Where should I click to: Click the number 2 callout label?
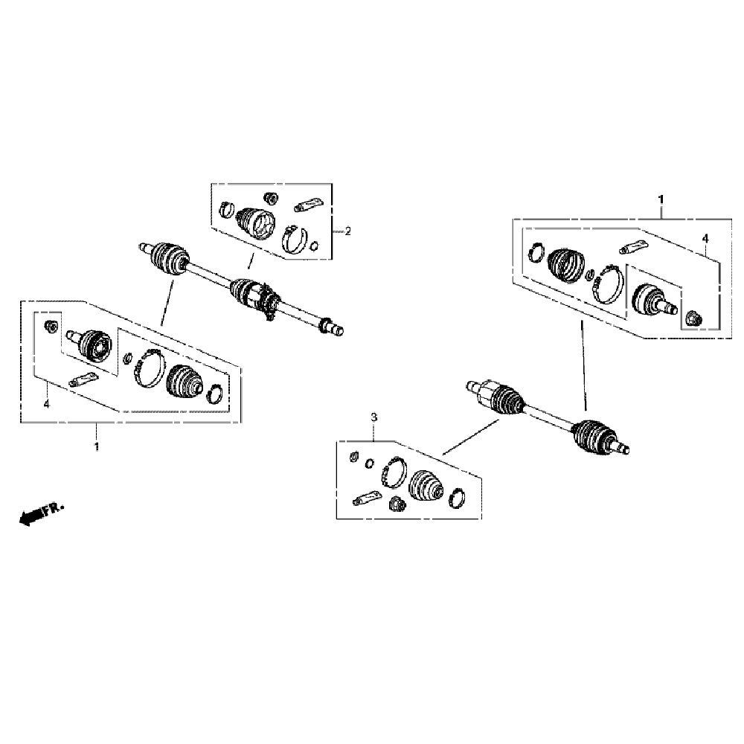point(347,231)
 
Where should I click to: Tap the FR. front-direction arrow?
point(41,513)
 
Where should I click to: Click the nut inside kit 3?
point(397,503)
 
